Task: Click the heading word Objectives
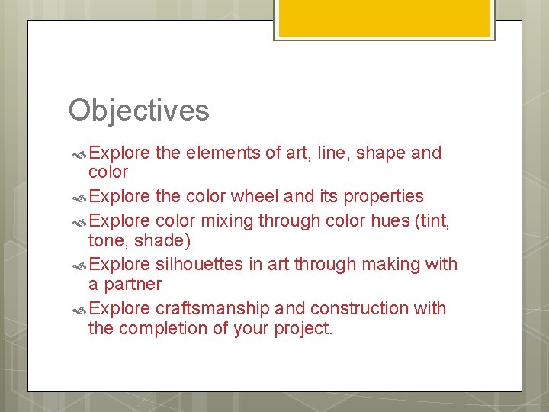coord(139,111)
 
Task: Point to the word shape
coord(380,153)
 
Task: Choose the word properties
coord(384,196)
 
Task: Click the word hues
coord(398,220)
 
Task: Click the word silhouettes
coord(201,265)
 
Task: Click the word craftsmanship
coord(212,308)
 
